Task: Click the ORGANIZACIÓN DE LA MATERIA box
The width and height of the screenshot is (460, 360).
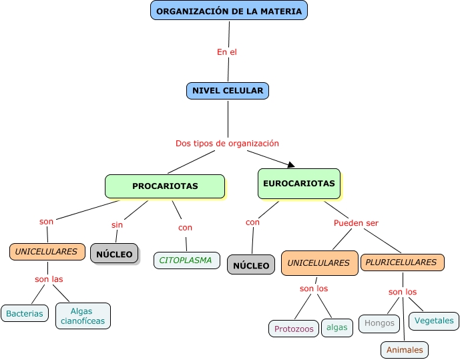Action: click(x=229, y=11)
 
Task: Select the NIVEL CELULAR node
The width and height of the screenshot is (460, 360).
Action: click(x=227, y=91)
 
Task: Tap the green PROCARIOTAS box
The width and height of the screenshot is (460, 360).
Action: click(x=165, y=186)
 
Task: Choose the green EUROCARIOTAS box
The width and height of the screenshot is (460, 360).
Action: click(x=298, y=184)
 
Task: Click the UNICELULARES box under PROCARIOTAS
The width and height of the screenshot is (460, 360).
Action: click(x=47, y=252)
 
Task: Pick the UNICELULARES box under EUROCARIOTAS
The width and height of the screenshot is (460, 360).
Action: click(x=318, y=263)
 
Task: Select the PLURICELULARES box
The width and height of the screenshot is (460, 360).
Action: click(x=402, y=262)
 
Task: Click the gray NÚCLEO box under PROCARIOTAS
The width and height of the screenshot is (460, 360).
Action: click(x=114, y=254)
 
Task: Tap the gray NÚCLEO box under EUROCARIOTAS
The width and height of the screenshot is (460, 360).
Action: click(x=251, y=265)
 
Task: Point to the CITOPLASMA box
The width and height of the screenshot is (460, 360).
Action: click(x=186, y=260)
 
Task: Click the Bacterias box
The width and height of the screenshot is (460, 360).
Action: click(x=25, y=313)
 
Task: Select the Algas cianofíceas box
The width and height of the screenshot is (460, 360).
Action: click(x=83, y=316)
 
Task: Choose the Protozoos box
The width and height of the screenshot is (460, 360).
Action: click(x=293, y=329)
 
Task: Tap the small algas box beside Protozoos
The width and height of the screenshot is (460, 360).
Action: click(x=337, y=327)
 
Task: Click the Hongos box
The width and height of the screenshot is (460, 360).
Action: click(x=379, y=323)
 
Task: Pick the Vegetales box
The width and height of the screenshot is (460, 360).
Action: click(x=434, y=321)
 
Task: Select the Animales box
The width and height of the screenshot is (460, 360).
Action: click(x=405, y=350)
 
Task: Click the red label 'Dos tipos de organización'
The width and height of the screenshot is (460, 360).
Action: click(x=227, y=144)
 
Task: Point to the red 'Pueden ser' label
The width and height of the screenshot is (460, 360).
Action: click(x=356, y=223)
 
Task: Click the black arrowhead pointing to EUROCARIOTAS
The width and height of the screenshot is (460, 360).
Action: click(x=290, y=164)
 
